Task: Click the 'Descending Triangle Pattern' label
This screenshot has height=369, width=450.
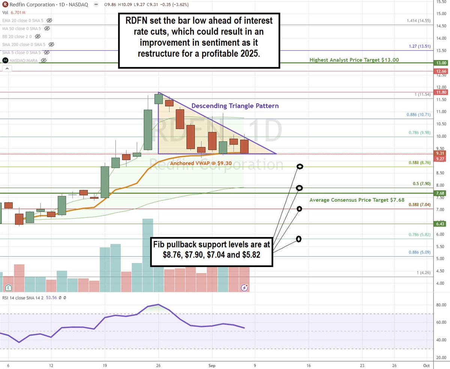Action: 235,106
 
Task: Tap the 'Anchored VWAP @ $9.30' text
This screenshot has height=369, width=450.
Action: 196,163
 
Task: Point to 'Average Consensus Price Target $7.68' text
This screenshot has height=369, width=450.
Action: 357,200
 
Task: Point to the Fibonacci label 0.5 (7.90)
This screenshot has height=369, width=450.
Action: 421,184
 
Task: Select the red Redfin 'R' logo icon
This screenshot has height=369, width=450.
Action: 5,4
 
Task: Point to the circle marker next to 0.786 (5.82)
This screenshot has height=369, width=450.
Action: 299,239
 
